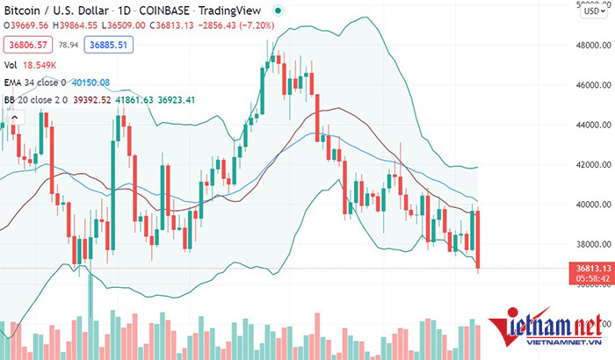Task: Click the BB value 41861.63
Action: pos(129,100)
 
